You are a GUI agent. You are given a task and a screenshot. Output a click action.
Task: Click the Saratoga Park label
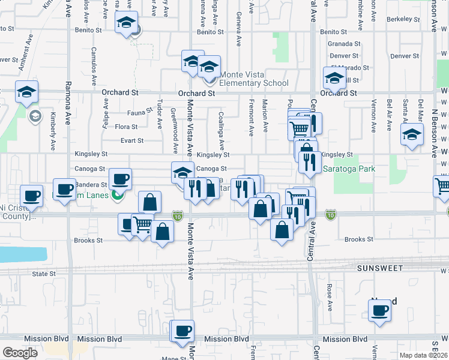(349, 169)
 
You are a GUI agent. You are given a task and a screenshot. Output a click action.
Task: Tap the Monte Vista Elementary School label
(254, 79)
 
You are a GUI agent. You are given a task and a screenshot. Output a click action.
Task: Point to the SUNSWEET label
(379, 268)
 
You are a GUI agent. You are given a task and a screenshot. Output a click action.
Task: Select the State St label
(44, 274)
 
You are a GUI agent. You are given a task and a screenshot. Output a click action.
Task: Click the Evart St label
(132, 141)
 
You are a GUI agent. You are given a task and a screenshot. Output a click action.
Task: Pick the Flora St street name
(126, 127)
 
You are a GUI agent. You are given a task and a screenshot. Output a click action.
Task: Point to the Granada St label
(344, 44)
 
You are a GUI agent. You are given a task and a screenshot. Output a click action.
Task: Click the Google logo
(20, 353)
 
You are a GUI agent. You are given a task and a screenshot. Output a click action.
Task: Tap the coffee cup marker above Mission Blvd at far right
(379, 311)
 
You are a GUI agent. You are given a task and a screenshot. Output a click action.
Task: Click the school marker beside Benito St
(126, 23)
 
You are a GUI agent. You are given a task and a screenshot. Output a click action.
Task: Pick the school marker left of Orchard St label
(27, 92)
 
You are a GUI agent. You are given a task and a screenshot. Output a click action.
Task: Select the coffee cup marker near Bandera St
(120, 179)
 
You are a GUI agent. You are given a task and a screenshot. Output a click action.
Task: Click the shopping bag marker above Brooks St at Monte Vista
(162, 230)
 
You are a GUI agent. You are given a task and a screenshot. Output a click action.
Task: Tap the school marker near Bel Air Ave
(412, 135)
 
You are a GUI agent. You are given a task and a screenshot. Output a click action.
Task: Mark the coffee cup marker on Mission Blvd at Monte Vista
(183, 330)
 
